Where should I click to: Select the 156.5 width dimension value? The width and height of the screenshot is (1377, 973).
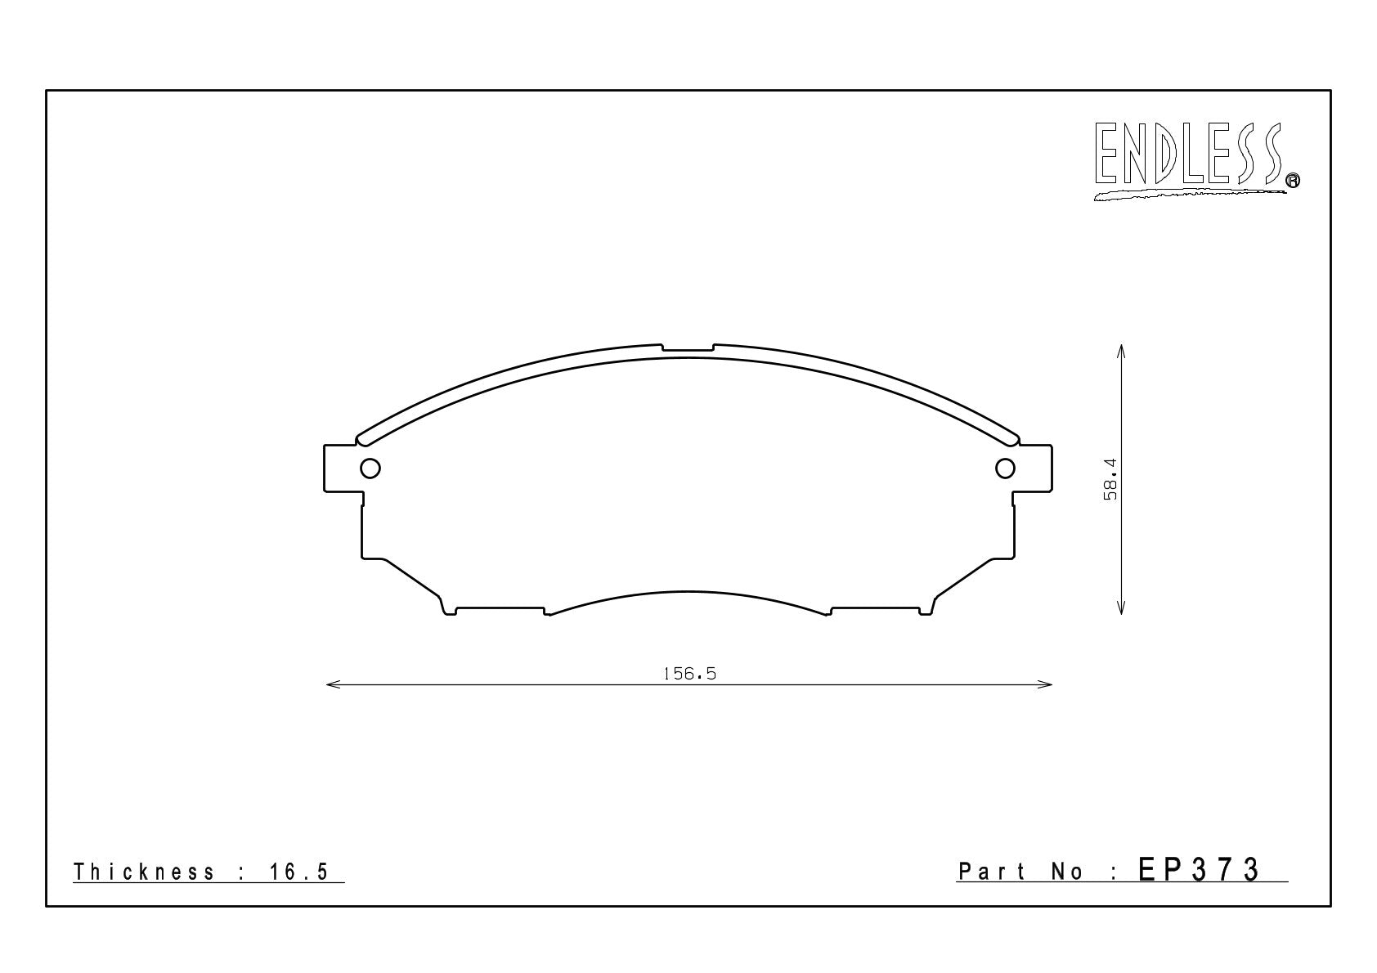coord(690,674)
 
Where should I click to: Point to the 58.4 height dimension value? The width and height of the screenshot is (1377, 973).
coord(1110,479)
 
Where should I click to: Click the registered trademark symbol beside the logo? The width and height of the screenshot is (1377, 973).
coord(1293,180)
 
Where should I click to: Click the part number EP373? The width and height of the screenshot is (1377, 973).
coord(1199,870)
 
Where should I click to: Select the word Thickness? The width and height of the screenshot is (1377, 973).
coord(144,872)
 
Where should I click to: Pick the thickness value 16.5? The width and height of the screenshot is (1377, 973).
coord(299,872)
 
